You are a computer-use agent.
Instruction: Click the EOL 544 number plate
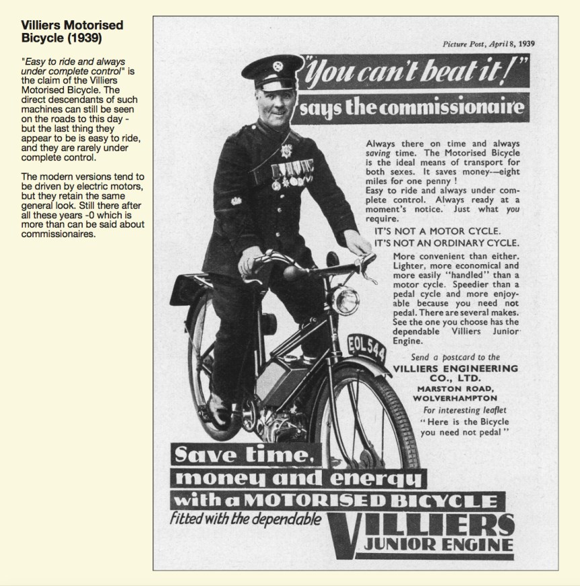click(366, 348)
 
